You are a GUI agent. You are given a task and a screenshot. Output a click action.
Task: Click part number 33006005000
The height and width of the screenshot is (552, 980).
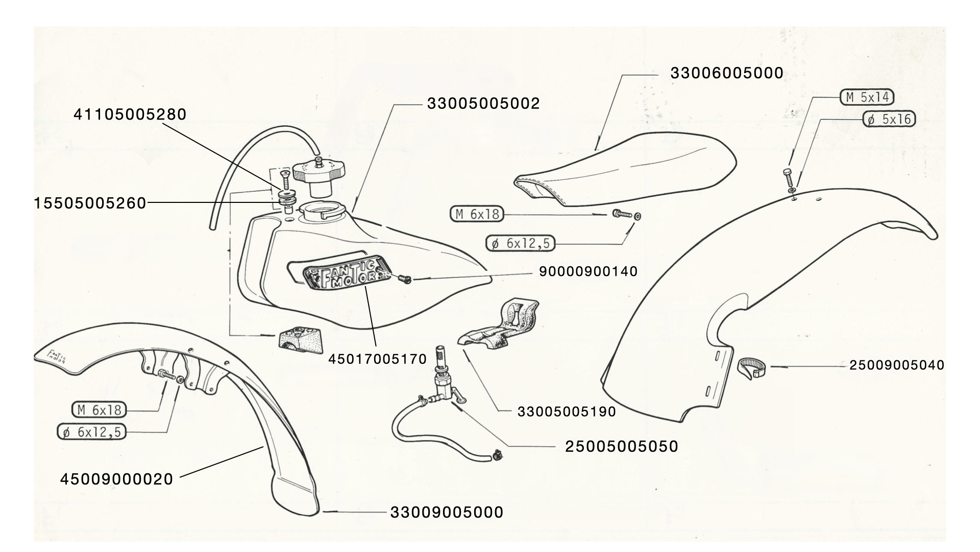click(x=726, y=74)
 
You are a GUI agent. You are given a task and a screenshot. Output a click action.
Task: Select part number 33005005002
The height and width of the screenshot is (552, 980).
click(x=483, y=104)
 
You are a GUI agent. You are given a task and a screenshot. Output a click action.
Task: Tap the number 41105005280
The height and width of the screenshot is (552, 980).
click(x=130, y=114)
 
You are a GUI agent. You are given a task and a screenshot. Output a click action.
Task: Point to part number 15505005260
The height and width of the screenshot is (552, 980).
click(x=90, y=203)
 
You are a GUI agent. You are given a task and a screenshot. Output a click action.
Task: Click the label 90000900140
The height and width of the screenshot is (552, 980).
click(x=588, y=271)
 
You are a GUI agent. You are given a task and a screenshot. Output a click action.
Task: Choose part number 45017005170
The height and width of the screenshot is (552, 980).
click(x=377, y=359)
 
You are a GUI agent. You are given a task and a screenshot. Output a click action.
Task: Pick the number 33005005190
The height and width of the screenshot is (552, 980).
click(x=567, y=411)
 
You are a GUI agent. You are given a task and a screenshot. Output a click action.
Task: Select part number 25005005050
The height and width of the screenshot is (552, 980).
click(x=621, y=447)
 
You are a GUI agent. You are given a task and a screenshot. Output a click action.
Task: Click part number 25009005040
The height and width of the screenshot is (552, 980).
click(x=896, y=365)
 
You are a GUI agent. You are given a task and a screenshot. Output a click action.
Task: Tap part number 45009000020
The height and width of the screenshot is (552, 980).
click(x=117, y=479)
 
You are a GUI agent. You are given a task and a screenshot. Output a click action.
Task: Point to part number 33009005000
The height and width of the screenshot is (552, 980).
click(x=447, y=512)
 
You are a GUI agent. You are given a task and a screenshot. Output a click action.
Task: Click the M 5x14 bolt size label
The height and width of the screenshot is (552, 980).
click(x=867, y=97)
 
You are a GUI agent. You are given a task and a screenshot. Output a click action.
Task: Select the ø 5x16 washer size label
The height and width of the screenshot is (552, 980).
click(x=889, y=119)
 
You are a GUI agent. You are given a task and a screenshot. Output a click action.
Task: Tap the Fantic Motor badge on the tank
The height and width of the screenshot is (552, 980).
click(x=345, y=276)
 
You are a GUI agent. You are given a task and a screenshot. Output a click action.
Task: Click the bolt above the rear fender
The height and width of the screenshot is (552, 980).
click(x=788, y=178)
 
